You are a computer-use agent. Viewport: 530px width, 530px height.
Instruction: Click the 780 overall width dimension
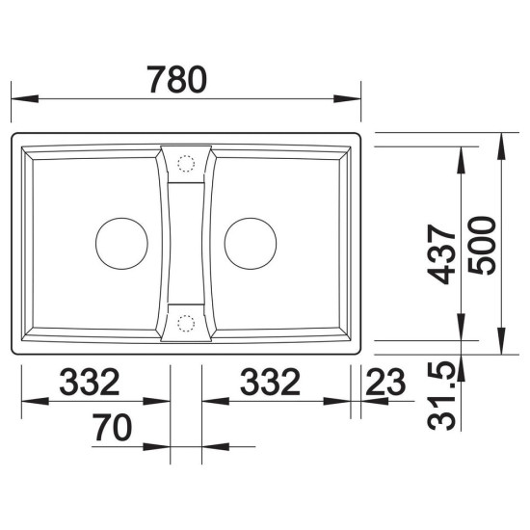coord(176,79)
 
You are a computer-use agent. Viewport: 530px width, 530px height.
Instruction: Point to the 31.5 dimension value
coord(441,396)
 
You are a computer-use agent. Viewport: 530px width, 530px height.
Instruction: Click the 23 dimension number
coord(385,382)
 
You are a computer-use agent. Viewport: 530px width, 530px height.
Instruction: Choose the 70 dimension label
coord(113,427)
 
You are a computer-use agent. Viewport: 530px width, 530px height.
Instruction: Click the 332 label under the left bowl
coord(90,382)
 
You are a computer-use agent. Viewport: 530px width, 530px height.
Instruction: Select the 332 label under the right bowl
coord(271,382)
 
